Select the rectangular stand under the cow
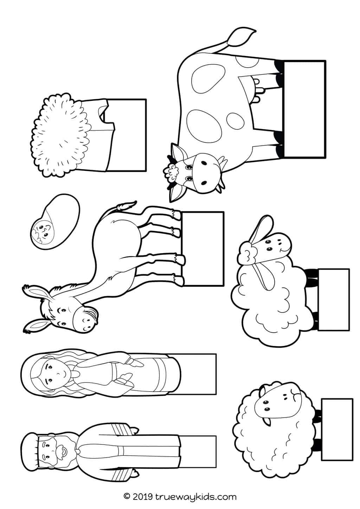305,108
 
